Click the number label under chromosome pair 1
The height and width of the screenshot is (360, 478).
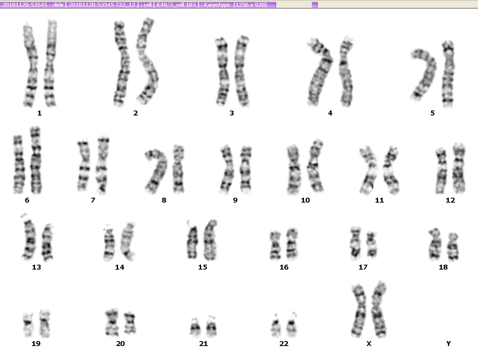pos(39,113)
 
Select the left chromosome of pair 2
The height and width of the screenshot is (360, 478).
pos(121,64)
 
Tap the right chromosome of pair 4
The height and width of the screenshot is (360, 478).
pos(346,72)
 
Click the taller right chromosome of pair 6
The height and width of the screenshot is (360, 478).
pos(36,161)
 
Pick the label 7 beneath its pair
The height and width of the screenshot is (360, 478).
pos(93,201)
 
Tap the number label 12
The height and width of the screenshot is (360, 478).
pos(450,201)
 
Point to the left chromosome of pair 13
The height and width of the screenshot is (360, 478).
pos(29,238)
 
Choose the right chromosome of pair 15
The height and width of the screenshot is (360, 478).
pos(210,240)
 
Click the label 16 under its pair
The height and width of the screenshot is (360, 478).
pos(284,268)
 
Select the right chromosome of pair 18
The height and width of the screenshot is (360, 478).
pos(453,247)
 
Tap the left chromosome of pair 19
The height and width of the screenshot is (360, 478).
pos(28,324)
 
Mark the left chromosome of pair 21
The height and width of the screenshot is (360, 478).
pos(195,328)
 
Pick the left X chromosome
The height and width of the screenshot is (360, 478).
pos(359,311)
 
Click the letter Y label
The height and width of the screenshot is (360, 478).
pos(448,344)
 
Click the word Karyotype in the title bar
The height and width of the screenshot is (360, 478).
pos(217,5)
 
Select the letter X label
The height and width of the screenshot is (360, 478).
pos(369,344)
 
